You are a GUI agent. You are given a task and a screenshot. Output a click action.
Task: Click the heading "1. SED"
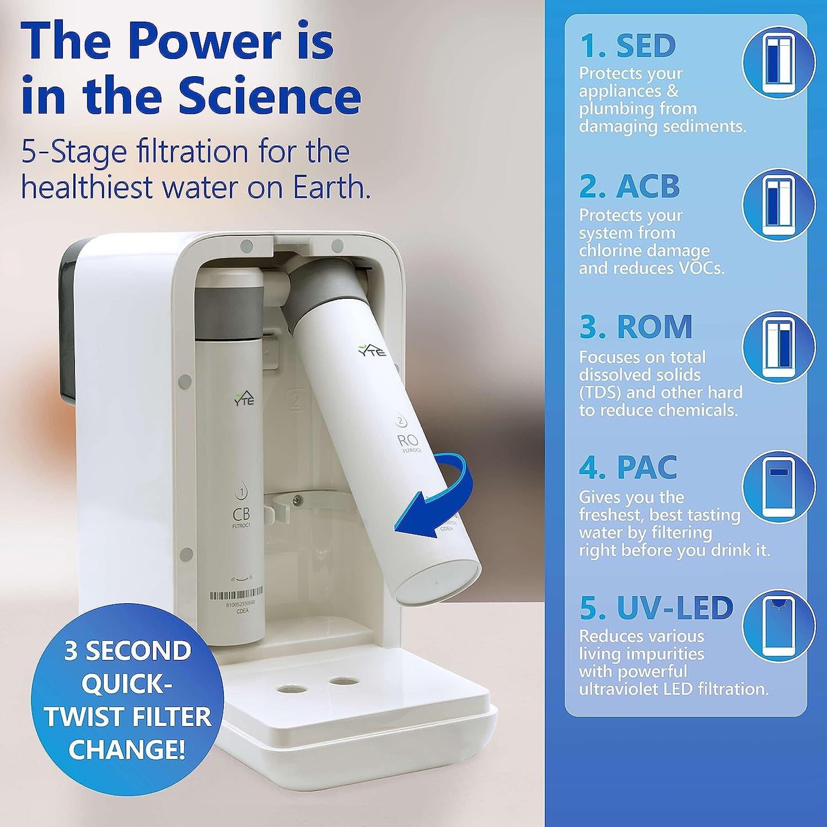pyautogui.click(x=628, y=45)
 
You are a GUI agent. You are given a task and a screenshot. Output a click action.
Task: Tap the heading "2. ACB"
pyautogui.click(x=630, y=186)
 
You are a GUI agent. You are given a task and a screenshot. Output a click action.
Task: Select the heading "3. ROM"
pyautogui.click(x=636, y=326)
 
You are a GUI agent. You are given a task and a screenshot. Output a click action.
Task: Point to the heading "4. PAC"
pyautogui.click(x=628, y=467)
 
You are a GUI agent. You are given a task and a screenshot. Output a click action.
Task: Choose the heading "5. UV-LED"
pyautogui.click(x=656, y=607)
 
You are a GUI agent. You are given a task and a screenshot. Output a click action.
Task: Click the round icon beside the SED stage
pyautogui.click(x=779, y=65)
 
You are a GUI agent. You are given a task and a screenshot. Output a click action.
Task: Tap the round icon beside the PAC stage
pyautogui.click(x=779, y=488)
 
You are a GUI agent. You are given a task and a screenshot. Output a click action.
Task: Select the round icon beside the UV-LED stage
pyautogui.click(x=779, y=627)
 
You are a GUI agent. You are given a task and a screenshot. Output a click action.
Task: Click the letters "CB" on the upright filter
pyautogui.click(x=241, y=514)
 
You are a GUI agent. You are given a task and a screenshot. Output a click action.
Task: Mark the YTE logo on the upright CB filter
pyautogui.click(x=244, y=399)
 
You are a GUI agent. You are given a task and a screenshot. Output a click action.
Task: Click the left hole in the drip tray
pyautogui.click(x=292, y=688)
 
